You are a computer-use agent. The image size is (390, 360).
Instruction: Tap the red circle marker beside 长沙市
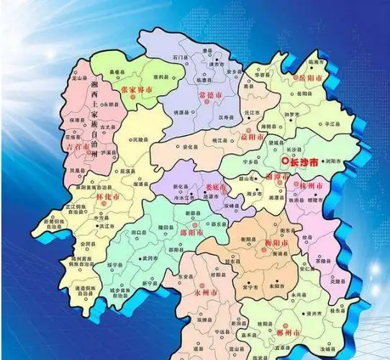point(286,161)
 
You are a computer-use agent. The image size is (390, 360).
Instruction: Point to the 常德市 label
point(212,94)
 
